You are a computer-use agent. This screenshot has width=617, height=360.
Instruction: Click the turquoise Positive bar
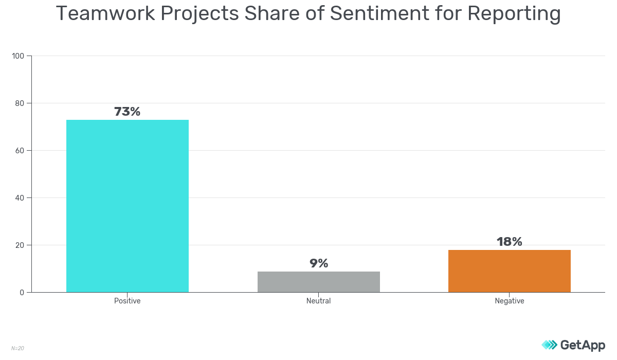click(128, 206)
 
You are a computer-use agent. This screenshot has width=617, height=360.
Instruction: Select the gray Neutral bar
click(319, 282)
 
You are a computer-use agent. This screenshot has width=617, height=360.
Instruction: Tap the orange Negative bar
click(510, 271)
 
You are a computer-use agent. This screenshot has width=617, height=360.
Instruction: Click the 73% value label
click(127, 112)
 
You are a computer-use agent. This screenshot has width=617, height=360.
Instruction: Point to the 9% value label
click(319, 263)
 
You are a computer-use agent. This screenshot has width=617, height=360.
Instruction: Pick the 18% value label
click(510, 242)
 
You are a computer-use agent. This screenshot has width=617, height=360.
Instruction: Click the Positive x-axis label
click(128, 301)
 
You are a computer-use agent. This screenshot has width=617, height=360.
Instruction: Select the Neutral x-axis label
click(319, 301)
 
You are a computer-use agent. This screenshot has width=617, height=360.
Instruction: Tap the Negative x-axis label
click(510, 301)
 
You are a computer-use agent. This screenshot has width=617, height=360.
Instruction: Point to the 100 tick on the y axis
click(19, 56)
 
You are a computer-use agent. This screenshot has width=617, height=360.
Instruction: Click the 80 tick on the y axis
click(20, 103)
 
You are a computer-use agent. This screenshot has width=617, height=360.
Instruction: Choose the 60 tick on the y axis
click(20, 150)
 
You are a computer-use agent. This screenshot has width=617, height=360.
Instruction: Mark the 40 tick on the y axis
click(20, 197)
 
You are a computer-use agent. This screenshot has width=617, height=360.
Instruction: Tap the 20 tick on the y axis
click(20, 245)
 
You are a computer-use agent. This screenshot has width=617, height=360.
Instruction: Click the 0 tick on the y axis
click(22, 292)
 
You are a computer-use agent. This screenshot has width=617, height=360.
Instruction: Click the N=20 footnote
click(17, 348)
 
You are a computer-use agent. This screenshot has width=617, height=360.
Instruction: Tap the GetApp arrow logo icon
click(549, 345)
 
